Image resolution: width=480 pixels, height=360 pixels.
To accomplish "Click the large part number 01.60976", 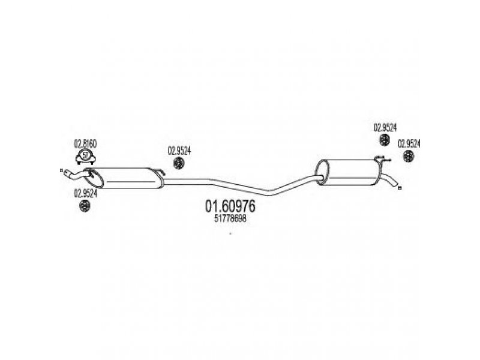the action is point(230,206).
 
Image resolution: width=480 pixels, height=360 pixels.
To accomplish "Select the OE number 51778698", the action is point(230,218).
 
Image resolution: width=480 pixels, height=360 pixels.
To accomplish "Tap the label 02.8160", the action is point(85,143).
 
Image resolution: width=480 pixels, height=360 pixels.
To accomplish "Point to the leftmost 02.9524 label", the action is point(85,193).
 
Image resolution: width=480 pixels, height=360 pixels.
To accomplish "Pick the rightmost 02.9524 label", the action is point(409,143).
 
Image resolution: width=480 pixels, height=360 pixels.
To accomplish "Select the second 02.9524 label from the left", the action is point(179,151).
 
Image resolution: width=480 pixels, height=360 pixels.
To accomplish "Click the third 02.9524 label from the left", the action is point(385,127).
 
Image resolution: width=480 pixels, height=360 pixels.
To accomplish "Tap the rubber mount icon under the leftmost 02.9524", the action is point(84,206).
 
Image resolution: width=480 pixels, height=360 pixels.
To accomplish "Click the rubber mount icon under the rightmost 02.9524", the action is point(409,157).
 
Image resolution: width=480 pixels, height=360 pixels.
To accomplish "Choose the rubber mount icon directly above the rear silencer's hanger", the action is point(384,140).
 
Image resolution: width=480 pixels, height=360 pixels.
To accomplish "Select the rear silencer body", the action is point(349,172).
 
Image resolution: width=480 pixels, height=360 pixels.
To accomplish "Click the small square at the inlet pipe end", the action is point(61,170).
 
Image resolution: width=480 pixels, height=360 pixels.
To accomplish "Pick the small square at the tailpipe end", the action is point(400,188).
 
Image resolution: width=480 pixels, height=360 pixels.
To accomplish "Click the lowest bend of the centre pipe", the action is point(269,193).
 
